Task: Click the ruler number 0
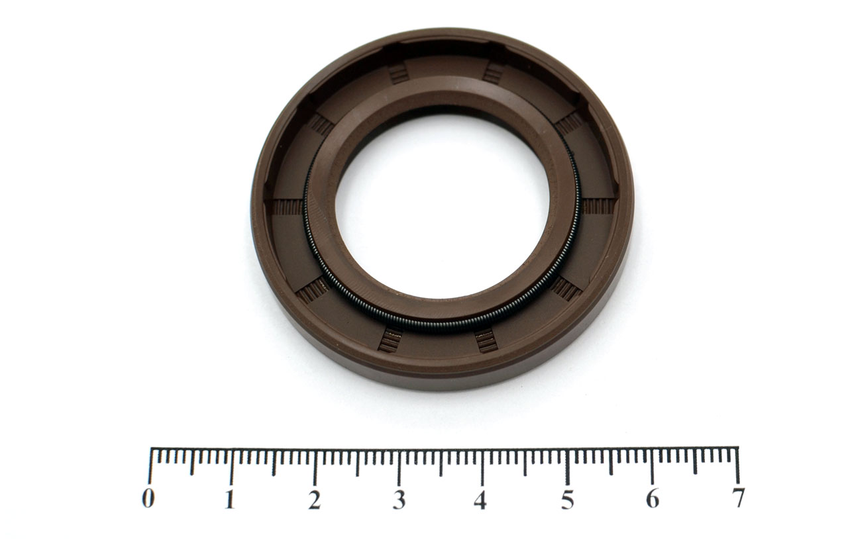pyautogui.click(x=148, y=498)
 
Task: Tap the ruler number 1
pyautogui.click(x=229, y=498)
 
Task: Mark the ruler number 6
pyautogui.click(x=653, y=498)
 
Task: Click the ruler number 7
pyautogui.click(x=738, y=497)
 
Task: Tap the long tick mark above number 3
pyautogui.click(x=399, y=467)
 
